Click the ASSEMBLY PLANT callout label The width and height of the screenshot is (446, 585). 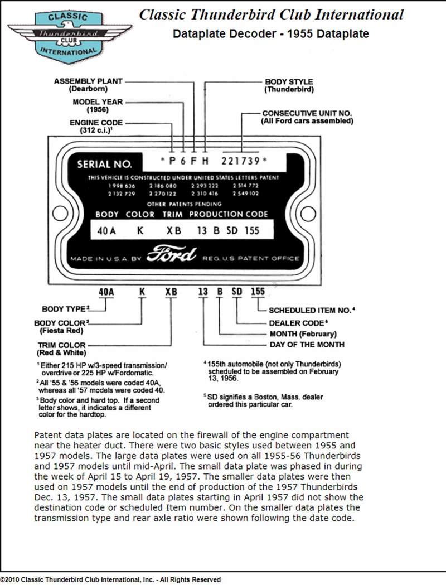tap(88, 81)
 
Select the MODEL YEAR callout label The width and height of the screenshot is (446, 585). tap(98, 102)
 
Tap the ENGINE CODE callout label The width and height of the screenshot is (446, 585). tap(96, 123)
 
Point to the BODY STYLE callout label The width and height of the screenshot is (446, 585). tap(289, 82)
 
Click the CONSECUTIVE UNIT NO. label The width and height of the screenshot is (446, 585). tap(307, 113)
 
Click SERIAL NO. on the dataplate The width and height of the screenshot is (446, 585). tap(104, 164)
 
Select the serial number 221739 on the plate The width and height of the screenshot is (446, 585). tap(241, 161)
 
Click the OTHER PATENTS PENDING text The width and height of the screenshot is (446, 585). tap(178, 204)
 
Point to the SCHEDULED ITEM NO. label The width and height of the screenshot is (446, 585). tap(312, 310)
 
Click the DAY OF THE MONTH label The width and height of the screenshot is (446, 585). tap(307, 345)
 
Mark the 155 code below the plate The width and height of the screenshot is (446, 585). tap(257, 291)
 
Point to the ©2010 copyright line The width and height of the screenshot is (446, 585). tap(110, 579)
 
